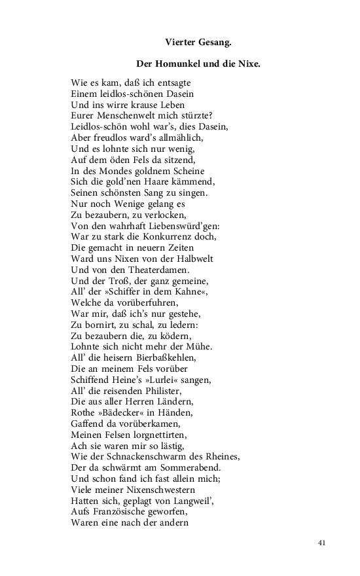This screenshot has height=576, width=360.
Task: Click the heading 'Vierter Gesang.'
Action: click(x=198, y=43)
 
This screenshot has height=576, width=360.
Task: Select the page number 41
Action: click(x=321, y=543)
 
